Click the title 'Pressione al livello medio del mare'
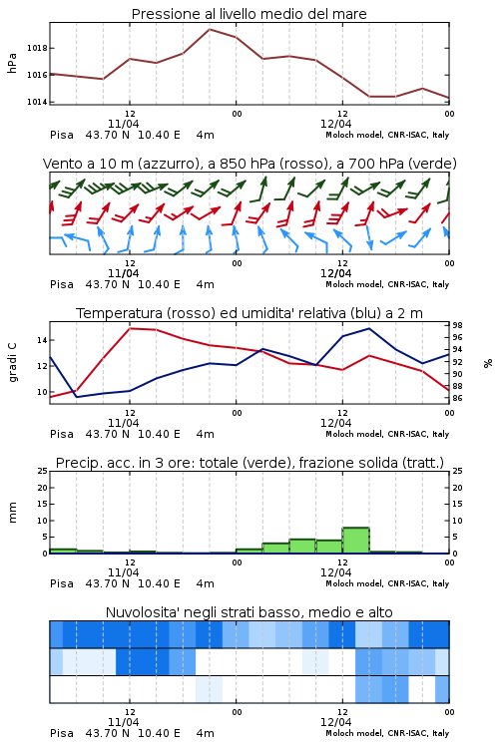[249, 14]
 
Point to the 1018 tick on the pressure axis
[37, 48]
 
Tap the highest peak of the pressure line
[210, 29]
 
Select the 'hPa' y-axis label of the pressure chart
[12, 63]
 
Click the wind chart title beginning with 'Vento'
[249, 164]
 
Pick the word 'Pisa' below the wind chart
[62, 284]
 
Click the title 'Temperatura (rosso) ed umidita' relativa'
[249, 313]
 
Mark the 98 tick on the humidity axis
[457, 325]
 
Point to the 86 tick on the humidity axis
[457, 398]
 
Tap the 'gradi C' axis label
[13, 363]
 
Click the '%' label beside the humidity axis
[488, 363]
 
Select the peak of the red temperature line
[130, 328]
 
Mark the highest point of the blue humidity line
[368, 328]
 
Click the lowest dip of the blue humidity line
[77, 397]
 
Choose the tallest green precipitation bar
[355, 540]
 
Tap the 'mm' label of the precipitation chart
[12, 513]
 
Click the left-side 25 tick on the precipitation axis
[43, 471]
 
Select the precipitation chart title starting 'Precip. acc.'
[249, 463]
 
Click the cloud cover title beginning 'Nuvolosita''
[249, 612]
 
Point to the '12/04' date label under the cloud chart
[336, 722]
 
